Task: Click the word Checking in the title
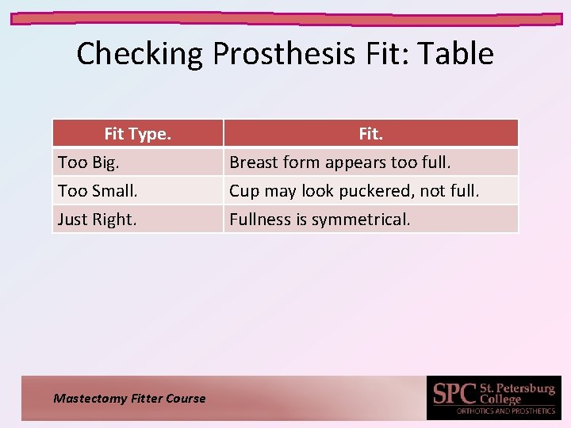[x=140, y=54]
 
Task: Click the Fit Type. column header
[x=137, y=134]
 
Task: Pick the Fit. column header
[x=370, y=134]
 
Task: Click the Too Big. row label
[x=87, y=162]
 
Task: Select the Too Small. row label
[x=98, y=191]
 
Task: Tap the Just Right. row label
[x=97, y=220]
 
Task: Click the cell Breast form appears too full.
[x=340, y=162]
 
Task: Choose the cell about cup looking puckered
[x=354, y=191]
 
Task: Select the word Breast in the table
[x=250, y=162]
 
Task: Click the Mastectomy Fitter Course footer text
[x=129, y=399]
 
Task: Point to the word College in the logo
[x=501, y=399]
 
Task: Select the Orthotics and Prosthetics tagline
[x=506, y=411]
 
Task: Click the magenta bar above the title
[x=285, y=17]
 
